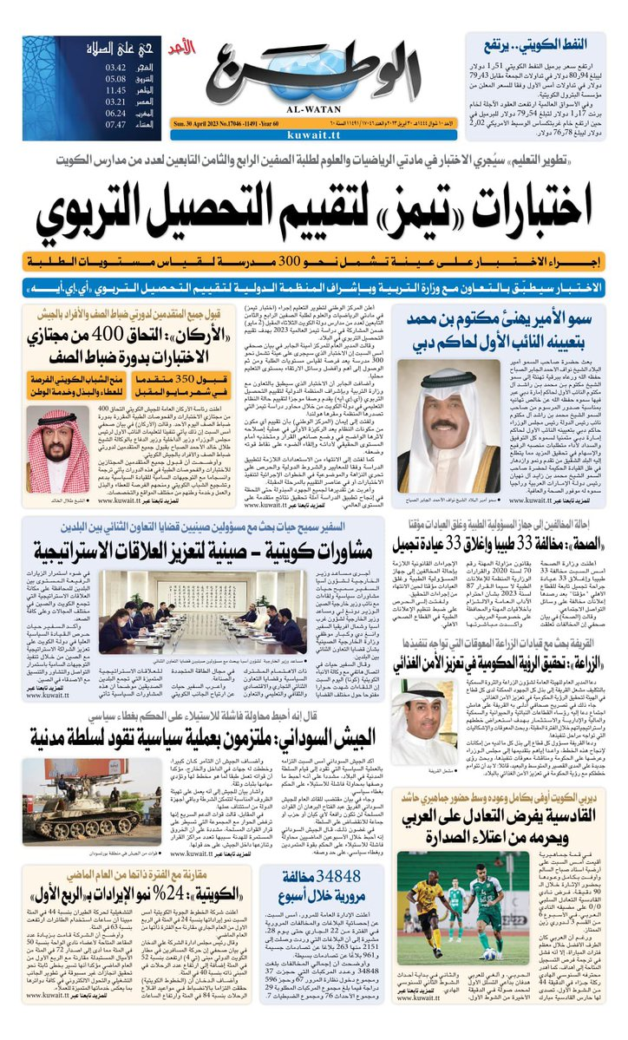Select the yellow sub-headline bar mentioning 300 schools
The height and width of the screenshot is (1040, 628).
[x=313, y=260]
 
